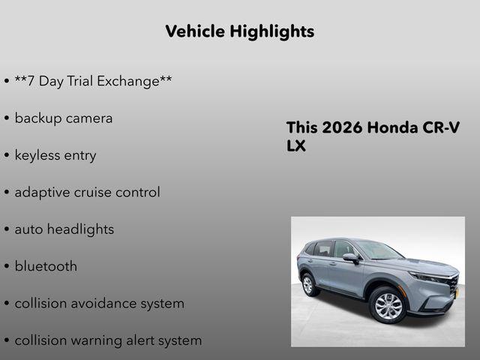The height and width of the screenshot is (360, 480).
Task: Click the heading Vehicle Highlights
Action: click(x=239, y=31)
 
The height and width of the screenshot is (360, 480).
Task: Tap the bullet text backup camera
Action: click(x=63, y=118)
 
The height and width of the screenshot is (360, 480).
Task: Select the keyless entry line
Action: click(x=55, y=155)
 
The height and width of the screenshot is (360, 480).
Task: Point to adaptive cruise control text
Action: click(x=87, y=192)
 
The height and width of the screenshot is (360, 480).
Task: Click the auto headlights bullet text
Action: click(x=64, y=229)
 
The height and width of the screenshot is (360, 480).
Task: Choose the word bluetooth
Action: click(x=46, y=266)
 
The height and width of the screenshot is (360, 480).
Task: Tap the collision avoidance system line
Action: click(x=99, y=303)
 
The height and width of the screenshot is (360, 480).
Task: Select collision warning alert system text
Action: click(x=108, y=340)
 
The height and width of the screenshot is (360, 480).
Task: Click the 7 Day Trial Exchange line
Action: click(x=93, y=81)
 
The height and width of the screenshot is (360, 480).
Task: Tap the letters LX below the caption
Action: click(x=296, y=145)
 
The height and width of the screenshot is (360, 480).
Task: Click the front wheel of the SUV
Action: click(x=388, y=304)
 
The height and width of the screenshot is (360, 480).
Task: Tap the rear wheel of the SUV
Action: click(x=307, y=284)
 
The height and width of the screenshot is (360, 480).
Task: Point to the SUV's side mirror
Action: click(x=349, y=257)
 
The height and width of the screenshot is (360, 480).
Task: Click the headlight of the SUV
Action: click(x=429, y=277)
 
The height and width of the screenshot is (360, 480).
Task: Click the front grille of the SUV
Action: click(x=453, y=283)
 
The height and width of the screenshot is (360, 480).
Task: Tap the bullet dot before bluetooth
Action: click(x=6, y=267)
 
